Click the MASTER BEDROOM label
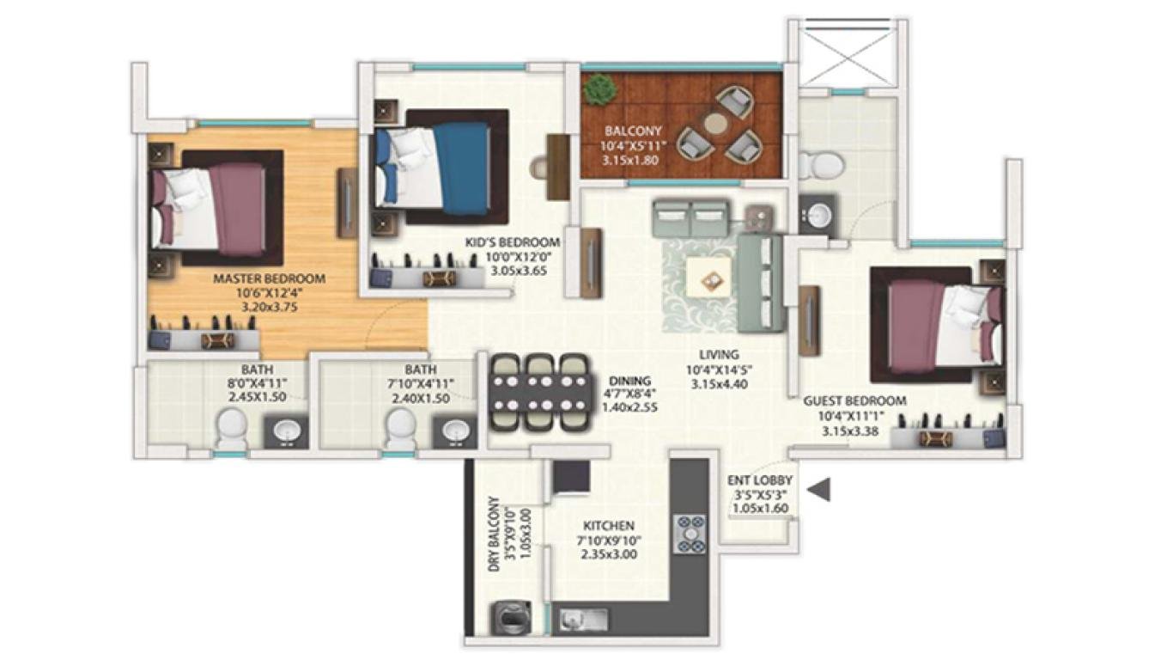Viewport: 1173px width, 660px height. pos(269,278)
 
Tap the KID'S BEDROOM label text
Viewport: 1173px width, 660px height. pos(513,242)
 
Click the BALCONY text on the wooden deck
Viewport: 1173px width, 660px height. pos(633,131)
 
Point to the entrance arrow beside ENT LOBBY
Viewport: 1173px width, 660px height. pos(821,489)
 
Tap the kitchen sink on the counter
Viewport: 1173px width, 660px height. pos(584,618)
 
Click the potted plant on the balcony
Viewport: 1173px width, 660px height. pos(600,89)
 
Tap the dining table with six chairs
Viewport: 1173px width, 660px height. pos(538,392)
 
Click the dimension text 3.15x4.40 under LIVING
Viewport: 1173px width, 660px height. pos(718,384)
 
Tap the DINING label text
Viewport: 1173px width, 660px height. pos(629,381)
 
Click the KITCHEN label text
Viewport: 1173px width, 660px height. pos(609,525)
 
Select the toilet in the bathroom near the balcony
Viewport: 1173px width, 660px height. pos(811,163)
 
